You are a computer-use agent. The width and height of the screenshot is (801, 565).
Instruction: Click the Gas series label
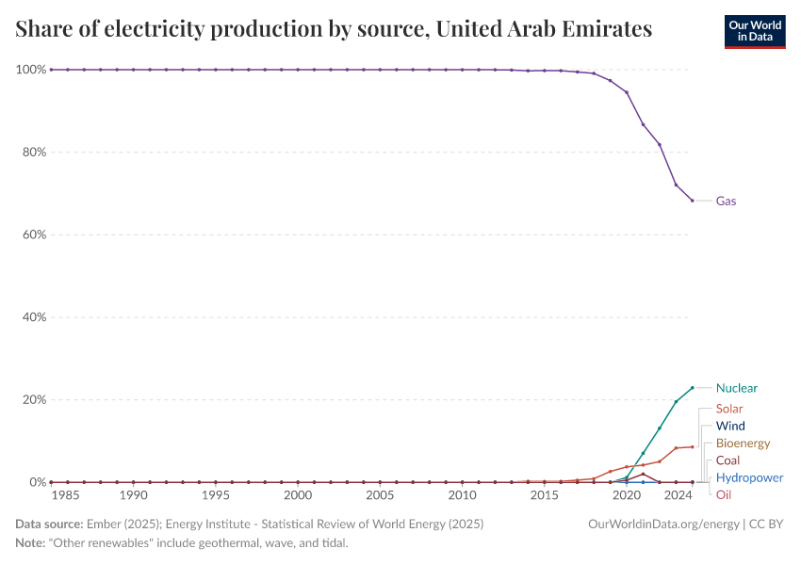click(x=726, y=201)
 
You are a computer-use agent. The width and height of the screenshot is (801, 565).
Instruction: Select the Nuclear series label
click(x=736, y=388)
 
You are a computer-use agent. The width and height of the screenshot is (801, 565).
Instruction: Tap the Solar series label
click(x=728, y=409)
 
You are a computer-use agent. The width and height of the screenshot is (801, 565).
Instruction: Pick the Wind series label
click(x=729, y=426)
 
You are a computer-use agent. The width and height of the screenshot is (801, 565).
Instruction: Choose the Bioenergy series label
click(x=743, y=443)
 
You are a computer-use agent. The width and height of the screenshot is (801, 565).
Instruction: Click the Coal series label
click(x=727, y=460)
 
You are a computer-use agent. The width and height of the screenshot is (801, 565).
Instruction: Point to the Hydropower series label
click(x=749, y=477)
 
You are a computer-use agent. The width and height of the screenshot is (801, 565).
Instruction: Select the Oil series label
click(x=723, y=494)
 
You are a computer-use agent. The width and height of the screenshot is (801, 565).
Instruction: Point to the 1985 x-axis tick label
click(x=65, y=495)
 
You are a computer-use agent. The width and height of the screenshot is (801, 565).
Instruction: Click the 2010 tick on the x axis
click(x=462, y=495)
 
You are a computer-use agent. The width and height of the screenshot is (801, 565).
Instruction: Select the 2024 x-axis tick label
click(x=676, y=495)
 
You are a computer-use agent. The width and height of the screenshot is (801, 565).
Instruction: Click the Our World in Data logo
click(x=755, y=31)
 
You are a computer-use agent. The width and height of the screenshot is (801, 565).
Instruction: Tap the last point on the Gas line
click(x=693, y=201)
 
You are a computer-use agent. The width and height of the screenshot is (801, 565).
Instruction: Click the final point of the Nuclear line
click(x=693, y=388)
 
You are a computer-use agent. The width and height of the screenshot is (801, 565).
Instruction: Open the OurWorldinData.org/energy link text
click(x=662, y=524)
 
